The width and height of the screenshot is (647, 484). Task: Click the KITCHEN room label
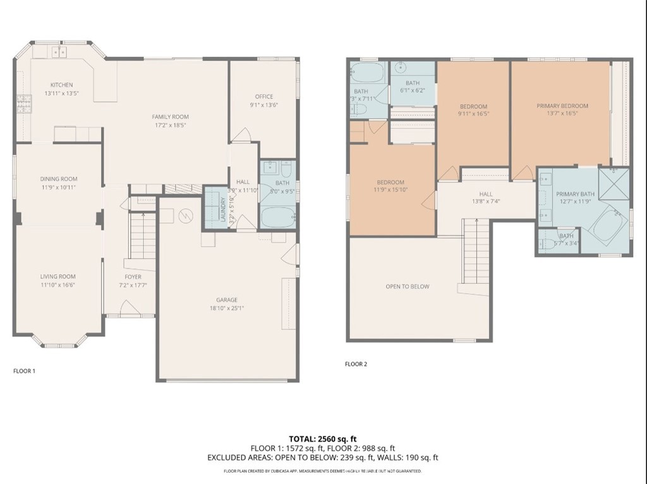pos(62,85)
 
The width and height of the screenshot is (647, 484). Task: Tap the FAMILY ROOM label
pos(170,116)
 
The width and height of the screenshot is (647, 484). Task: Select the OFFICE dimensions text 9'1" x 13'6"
pos(263,106)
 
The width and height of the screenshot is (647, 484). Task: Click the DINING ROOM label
pos(59,179)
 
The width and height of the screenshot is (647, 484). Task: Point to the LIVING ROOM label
pos(58,276)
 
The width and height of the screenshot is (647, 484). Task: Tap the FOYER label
pos(133,277)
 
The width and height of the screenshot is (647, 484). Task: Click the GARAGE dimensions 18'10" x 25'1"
pos(227,308)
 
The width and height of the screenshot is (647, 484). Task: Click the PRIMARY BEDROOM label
pos(562,106)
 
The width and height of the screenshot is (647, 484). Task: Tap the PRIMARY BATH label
pos(575,194)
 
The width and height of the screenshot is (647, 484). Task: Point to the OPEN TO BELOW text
pos(408,286)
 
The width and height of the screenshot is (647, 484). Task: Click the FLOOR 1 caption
pos(24,371)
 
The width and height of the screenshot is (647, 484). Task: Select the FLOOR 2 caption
pos(356,364)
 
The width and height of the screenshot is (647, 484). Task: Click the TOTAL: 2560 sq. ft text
pos(323,438)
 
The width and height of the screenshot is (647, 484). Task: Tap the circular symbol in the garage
pos(186,216)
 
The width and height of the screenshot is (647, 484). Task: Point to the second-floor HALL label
pos(485,194)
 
